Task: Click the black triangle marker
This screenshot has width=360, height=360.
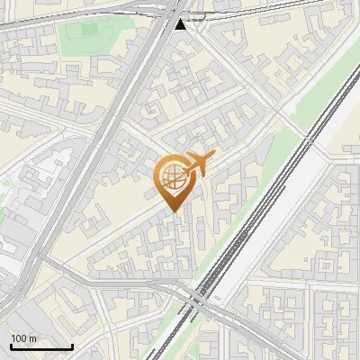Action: click(181, 24)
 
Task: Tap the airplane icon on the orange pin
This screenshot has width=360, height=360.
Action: click(197, 165)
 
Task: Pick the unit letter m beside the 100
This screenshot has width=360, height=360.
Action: click(32, 338)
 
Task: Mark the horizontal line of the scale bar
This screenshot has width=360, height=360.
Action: click(41, 346)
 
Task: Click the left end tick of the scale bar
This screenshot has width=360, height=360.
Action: click(11, 345)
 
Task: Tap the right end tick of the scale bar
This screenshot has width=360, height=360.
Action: click(72, 345)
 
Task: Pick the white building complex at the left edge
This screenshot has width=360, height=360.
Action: click(27, 180)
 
